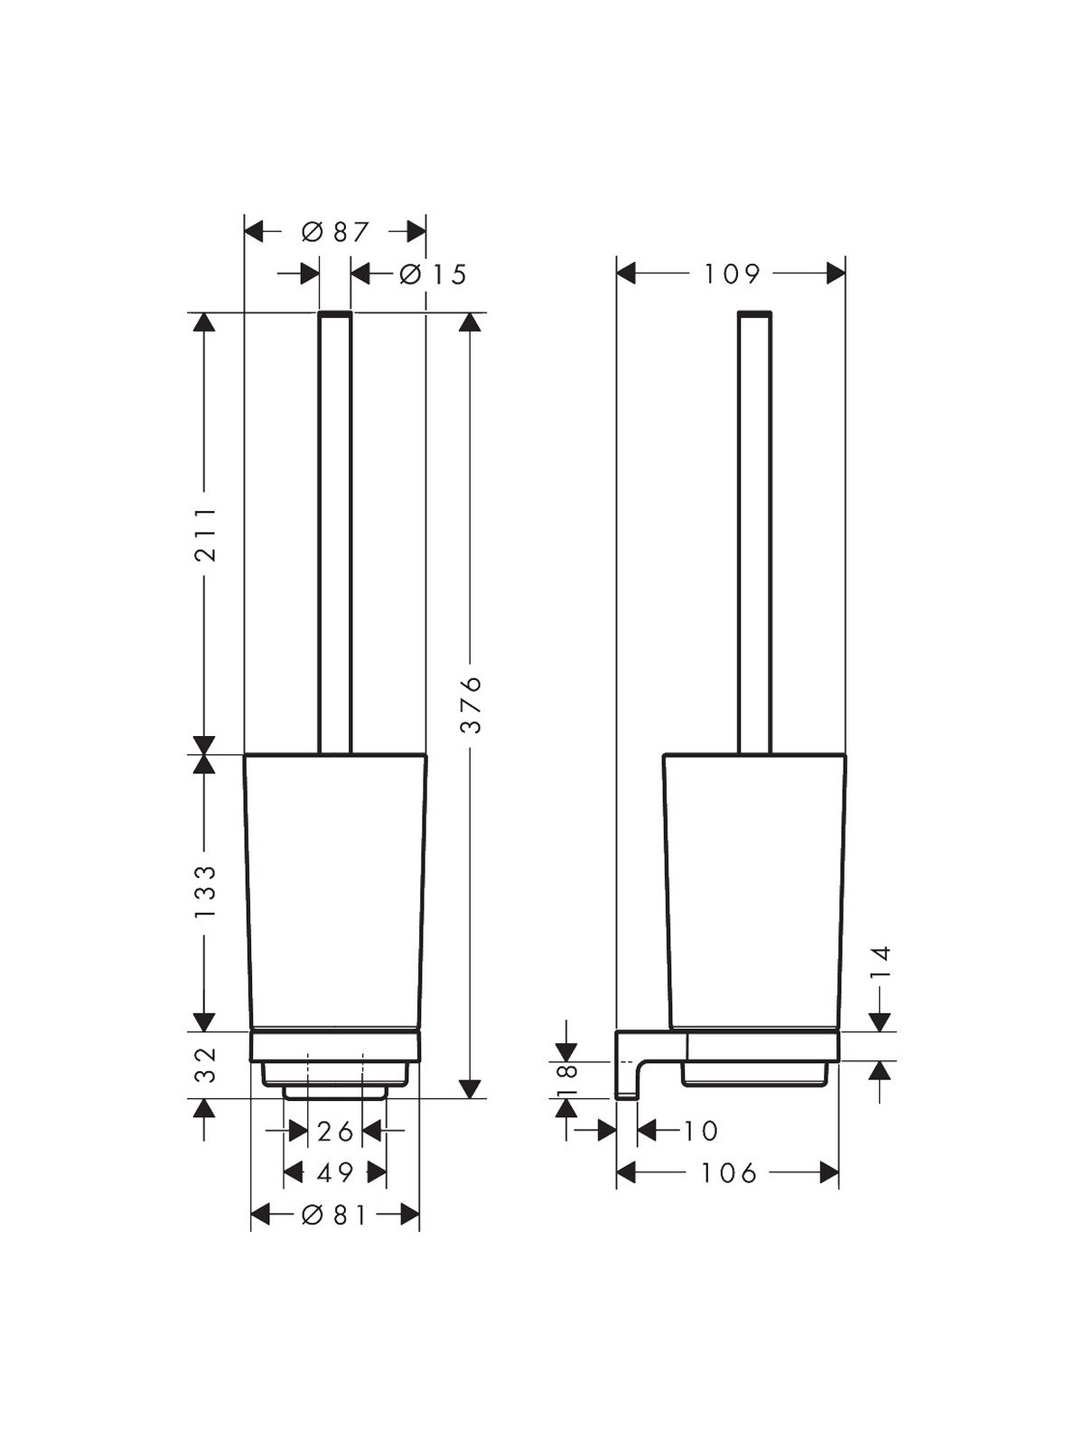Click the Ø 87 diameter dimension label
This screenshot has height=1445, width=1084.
[x=336, y=232]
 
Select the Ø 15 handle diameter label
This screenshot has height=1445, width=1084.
[x=433, y=274]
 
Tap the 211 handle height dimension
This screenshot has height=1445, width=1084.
[x=205, y=533]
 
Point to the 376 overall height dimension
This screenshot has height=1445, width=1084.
[x=472, y=704]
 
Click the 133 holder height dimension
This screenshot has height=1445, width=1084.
[x=205, y=892]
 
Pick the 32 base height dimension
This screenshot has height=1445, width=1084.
[x=206, y=1065]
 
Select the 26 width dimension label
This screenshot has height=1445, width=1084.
[x=336, y=1132]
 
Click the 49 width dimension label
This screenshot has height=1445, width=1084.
[x=335, y=1171]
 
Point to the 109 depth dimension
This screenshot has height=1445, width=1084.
[x=733, y=274]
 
